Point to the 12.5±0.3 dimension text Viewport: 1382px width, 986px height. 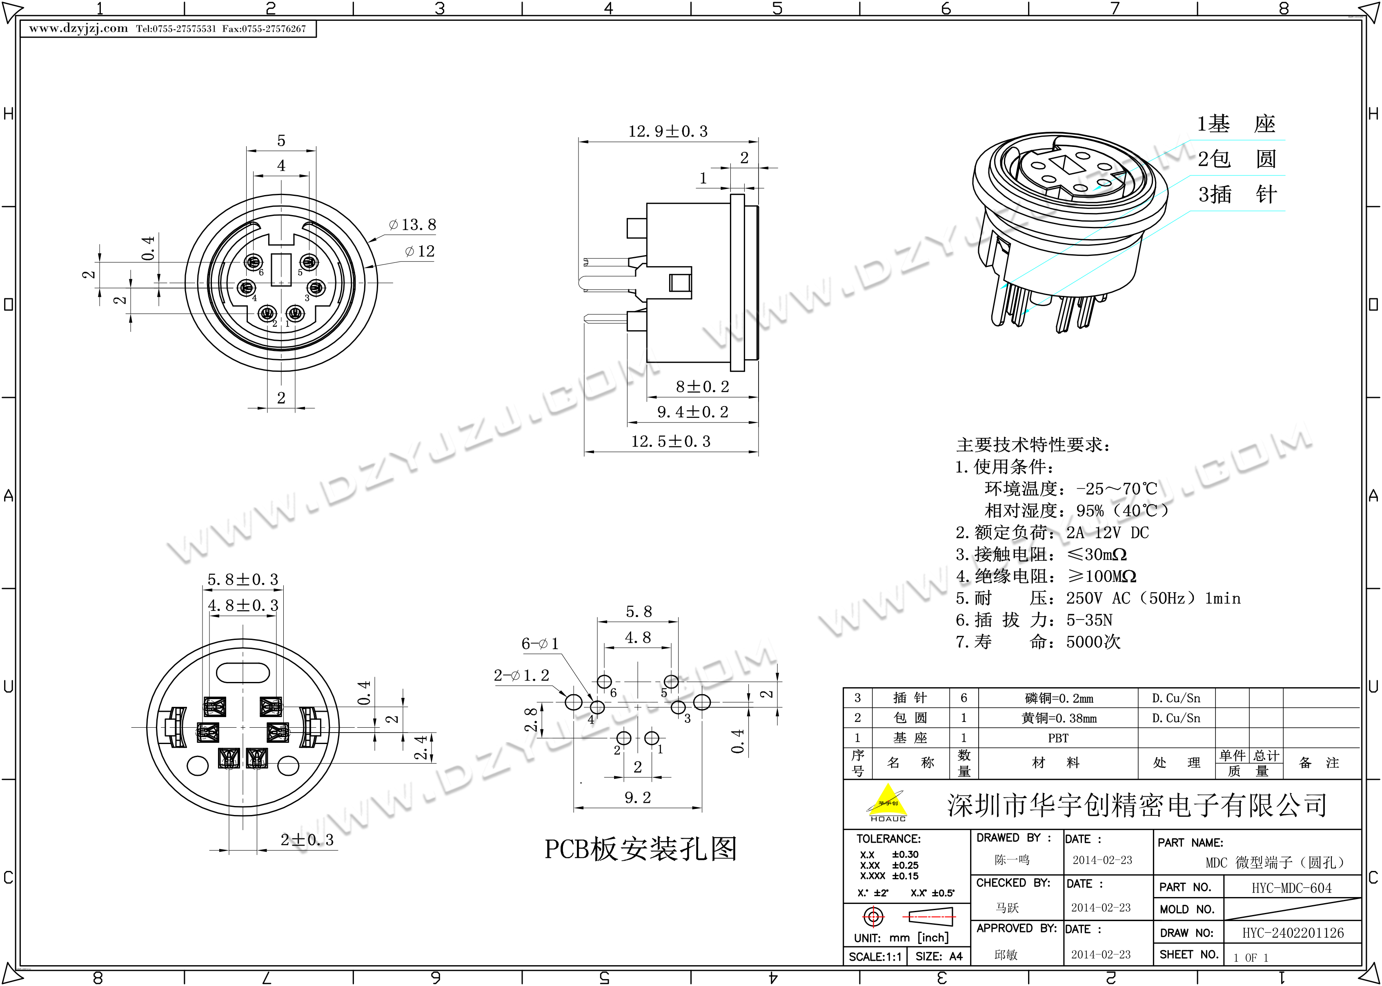click(x=670, y=442)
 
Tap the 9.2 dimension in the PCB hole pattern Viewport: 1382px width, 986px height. click(x=638, y=798)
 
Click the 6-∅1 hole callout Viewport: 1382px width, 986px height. click(x=540, y=644)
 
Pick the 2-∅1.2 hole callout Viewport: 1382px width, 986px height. click(x=521, y=675)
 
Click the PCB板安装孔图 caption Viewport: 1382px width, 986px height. click(x=641, y=849)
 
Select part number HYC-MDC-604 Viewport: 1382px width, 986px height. click(x=1291, y=888)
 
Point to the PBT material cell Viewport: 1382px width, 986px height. click(x=1058, y=738)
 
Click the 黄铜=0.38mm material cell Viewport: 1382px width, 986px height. click(x=1058, y=718)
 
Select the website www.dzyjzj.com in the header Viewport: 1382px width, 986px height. click(x=78, y=29)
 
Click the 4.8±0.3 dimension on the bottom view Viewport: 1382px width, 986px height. click(x=243, y=605)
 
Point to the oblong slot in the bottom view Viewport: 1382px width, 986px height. click(x=243, y=673)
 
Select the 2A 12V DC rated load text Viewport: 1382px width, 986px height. click(x=1108, y=533)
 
